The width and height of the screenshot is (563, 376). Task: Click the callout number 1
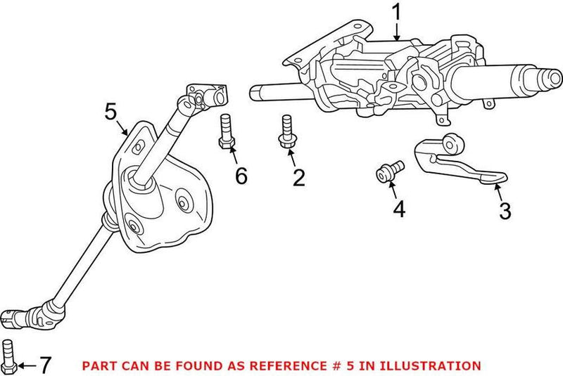point(397,12)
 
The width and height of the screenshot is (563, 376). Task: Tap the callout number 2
point(299,177)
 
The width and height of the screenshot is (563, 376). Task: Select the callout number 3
point(505,210)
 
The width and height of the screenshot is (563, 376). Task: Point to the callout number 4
point(399,209)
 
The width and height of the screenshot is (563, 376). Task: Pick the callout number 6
point(241,176)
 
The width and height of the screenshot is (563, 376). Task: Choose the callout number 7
point(44,365)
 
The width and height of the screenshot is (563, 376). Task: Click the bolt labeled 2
point(286,133)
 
